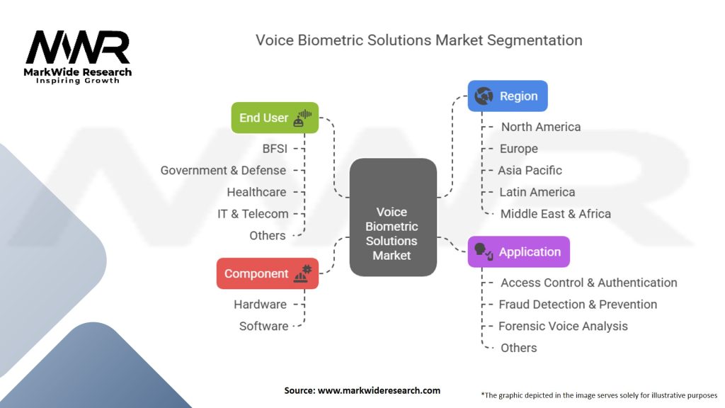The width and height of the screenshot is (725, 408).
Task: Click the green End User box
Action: [275, 118]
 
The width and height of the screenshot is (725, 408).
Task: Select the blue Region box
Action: [507, 96]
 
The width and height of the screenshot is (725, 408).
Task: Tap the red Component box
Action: [267, 273]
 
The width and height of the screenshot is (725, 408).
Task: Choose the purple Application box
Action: [518, 251]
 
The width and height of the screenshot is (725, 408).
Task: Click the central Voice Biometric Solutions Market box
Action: [392, 217]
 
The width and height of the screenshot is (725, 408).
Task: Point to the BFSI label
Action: [275, 149]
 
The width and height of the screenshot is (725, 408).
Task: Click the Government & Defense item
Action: [223, 170]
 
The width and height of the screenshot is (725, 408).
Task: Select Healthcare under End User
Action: [256, 192]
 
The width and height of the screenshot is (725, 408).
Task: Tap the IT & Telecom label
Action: [253, 214]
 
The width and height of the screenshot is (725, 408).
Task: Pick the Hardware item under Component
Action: [260, 305]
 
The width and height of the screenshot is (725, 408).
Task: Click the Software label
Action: [263, 326]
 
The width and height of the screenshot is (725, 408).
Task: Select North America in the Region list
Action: [540, 127]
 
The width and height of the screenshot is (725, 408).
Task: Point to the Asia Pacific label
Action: [530, 170]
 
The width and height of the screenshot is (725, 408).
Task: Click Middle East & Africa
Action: [555, 214]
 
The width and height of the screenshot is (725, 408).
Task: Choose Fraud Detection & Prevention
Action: [578, 305]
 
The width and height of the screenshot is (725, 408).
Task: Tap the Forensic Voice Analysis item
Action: [563, 326]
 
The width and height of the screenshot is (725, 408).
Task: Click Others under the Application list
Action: [518, 348]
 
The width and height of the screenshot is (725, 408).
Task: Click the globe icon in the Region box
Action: [484, 96]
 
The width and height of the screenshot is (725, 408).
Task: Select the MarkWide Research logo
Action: [78, 57]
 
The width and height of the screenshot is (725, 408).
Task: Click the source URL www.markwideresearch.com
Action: [379, 390]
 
